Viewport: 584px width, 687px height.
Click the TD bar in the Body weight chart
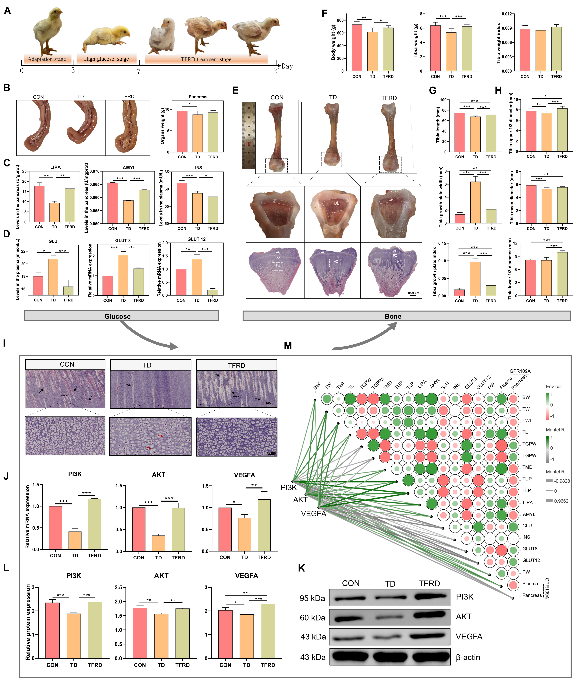click(372, 51)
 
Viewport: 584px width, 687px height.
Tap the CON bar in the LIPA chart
click(39, 204)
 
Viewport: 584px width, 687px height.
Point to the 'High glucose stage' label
click(106, 59)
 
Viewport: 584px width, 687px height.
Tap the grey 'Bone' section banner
click(407, 316)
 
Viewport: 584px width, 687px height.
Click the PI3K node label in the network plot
click(289, 487)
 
